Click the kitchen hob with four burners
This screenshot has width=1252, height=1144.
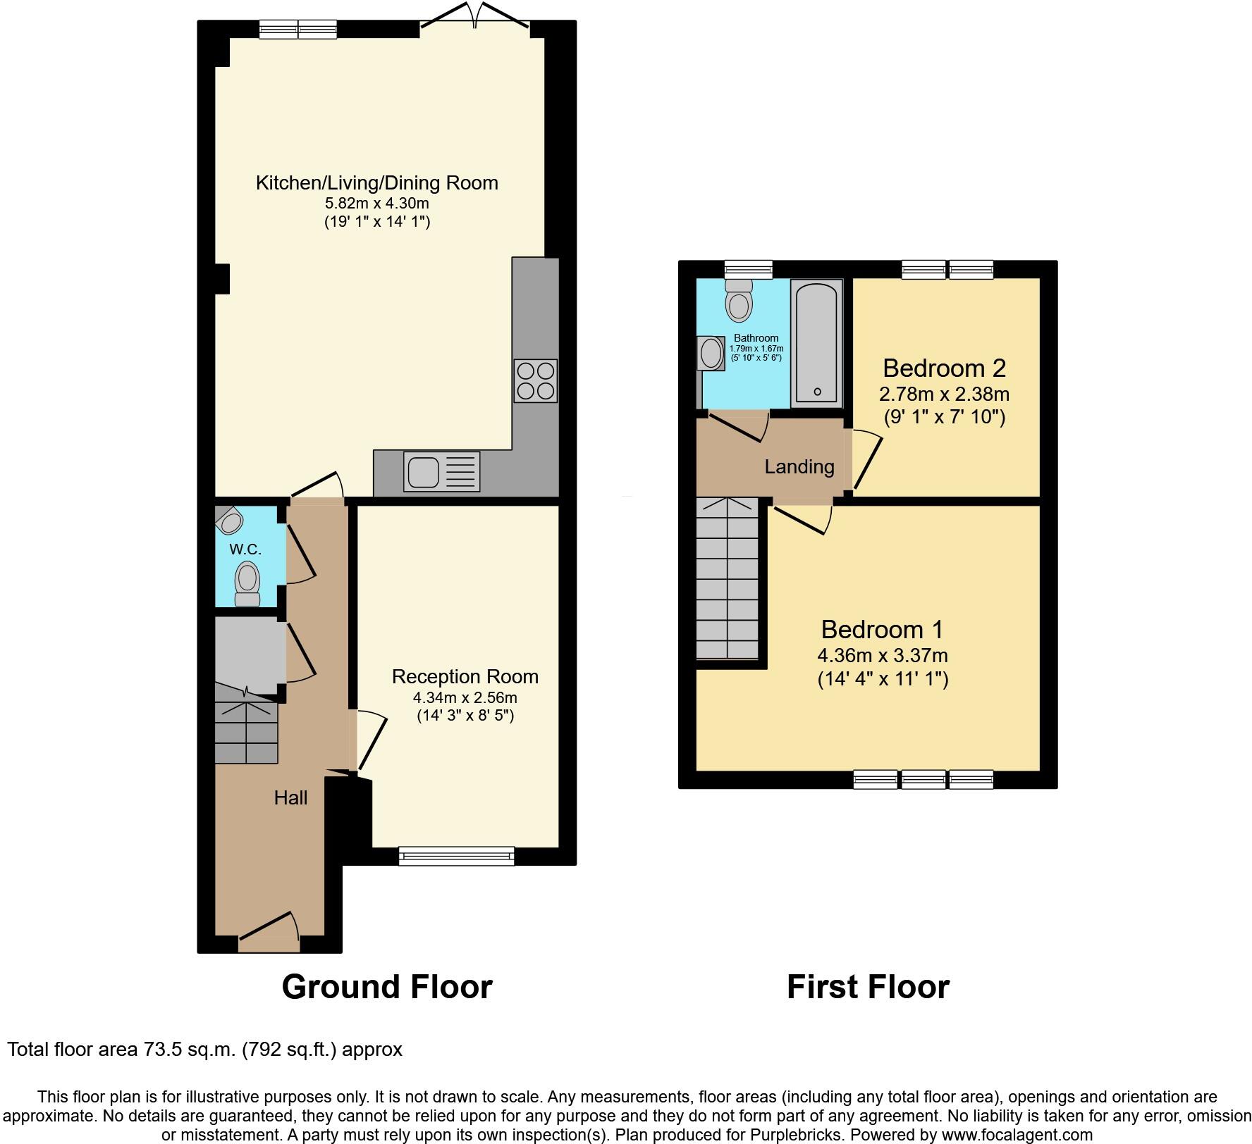(x=536, y=380)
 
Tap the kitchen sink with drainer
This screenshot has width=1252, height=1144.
(x=441, y=471)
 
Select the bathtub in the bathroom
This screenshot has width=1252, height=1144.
(x=816, y=343)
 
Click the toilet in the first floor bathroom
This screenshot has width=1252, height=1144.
(x=739, y=301)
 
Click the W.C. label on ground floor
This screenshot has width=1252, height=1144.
(x=245, y=548)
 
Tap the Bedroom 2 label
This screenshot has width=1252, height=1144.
(x=944, y=368)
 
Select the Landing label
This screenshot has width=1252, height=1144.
(x=799, y=466)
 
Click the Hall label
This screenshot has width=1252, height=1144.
(x=290, y=797)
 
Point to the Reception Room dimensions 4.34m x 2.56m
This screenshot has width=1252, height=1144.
(x=465, y=698)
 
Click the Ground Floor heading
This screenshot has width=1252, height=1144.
(x=386, y=986)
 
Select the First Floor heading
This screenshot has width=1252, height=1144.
(x=868, y=986)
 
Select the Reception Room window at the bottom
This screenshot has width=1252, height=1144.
(x=456, y=856)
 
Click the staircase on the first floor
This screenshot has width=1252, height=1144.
(x=727, y=578)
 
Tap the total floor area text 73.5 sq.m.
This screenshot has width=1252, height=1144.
(x=204, y=1050)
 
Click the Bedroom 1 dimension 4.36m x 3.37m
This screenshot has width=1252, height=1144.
(x=882, y=656)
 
